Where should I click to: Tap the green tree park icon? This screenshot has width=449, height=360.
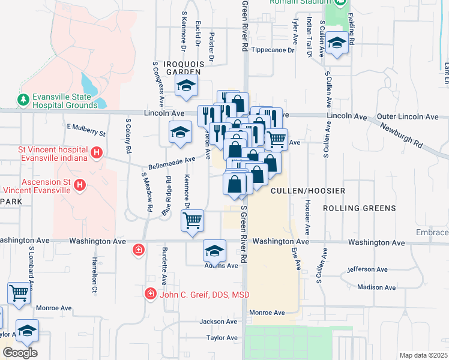(23, 98)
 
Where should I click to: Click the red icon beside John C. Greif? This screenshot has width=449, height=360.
(149, 294)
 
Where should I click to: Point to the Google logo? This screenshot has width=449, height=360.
(19, 352)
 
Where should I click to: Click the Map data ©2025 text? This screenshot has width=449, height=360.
(423, 355)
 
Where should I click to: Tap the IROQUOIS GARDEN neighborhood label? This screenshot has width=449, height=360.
(186, 67)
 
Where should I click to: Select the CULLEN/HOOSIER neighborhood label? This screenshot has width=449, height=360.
(308, 190)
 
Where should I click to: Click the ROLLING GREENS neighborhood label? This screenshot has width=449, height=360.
(360, 208)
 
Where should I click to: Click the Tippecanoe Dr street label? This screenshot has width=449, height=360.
(273, 50)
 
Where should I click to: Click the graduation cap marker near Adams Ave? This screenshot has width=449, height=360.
(214, 250)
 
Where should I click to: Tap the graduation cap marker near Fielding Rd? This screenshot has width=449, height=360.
(337, 44)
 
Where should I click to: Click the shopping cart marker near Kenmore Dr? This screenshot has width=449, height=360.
(192, 220)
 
